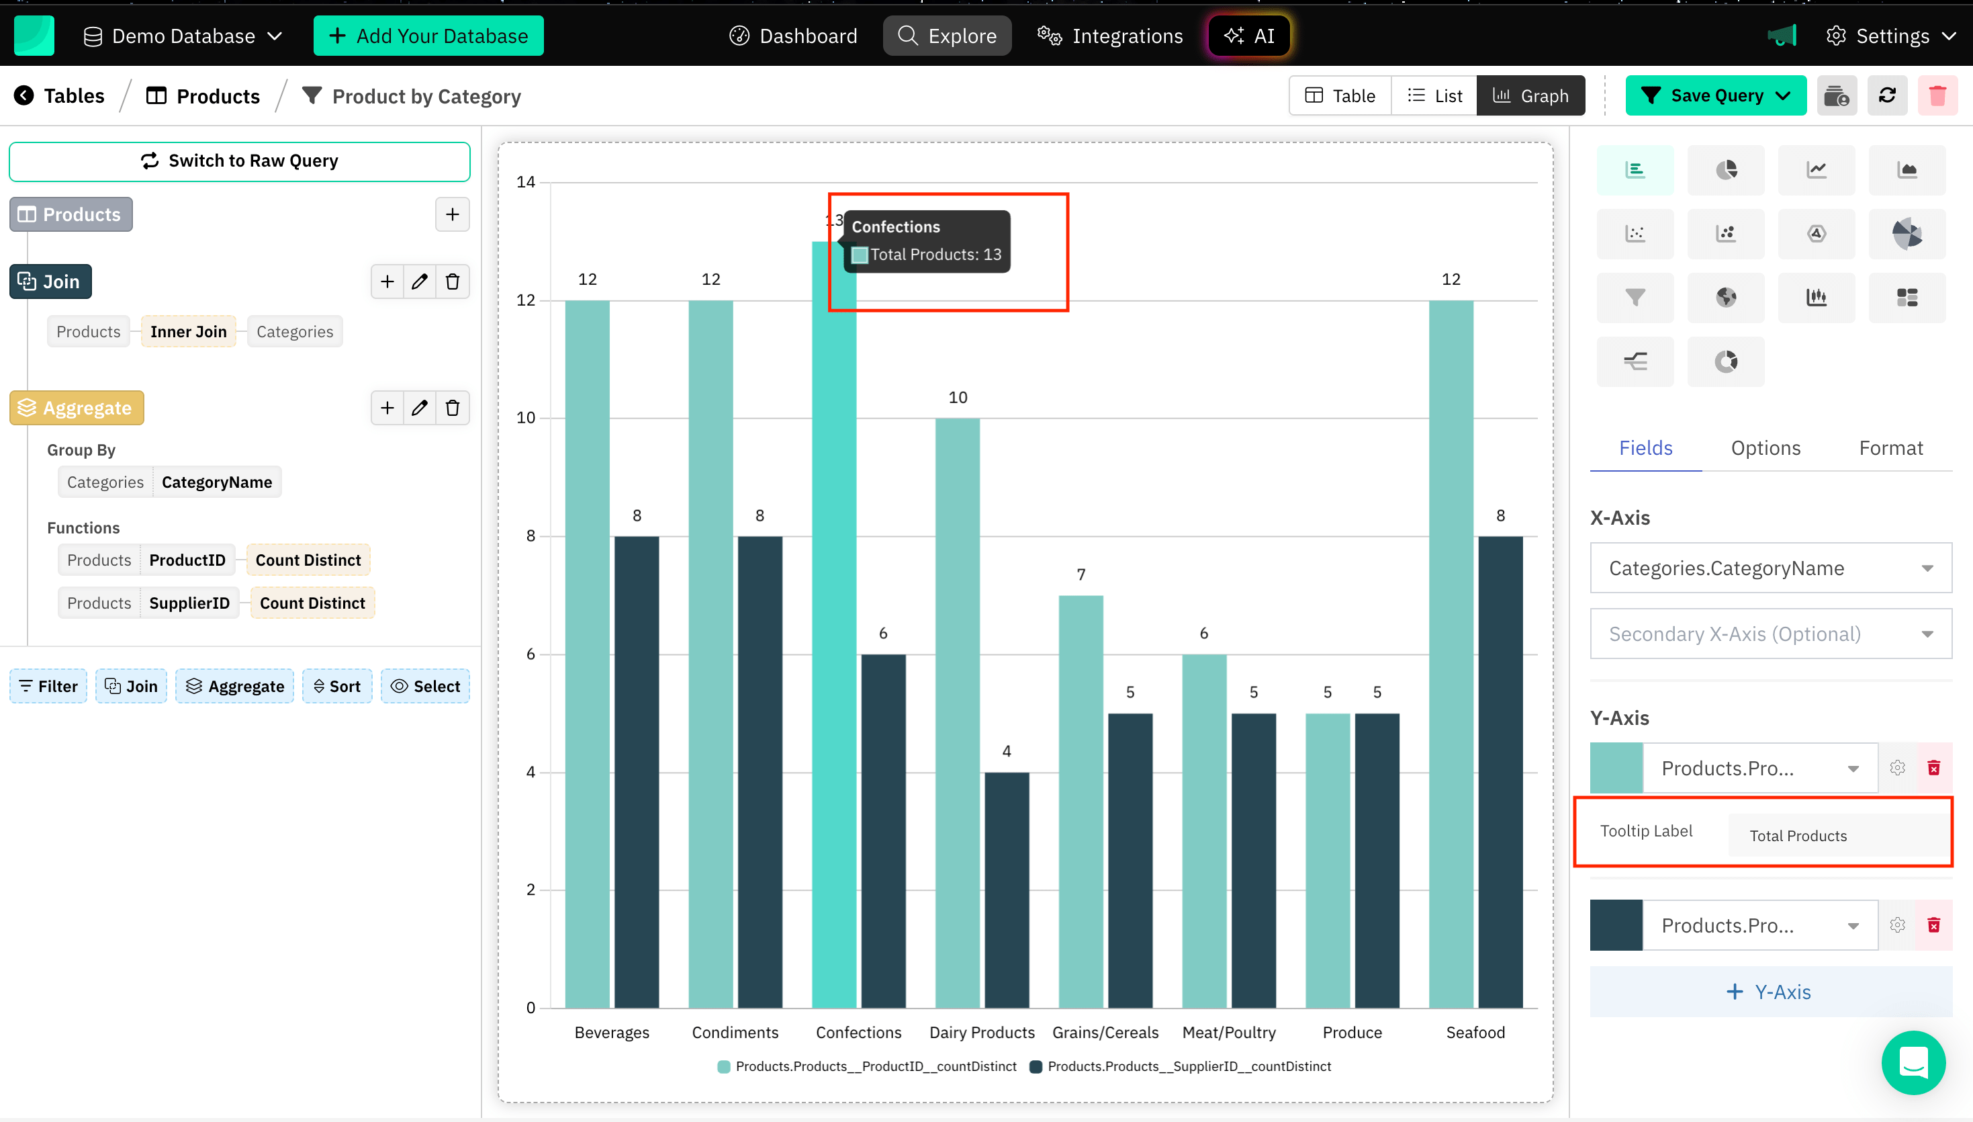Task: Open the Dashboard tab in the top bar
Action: click(793, 36)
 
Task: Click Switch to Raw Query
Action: click(240, 161)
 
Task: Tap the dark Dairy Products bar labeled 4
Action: click(1007, 890)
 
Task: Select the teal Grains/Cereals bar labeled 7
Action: click(1081, 801)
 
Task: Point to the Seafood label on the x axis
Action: click(1475, 1033)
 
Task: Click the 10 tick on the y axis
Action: click(526, 418)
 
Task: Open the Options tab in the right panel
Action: click(1765, 449)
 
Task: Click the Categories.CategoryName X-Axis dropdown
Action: click(1770, 568)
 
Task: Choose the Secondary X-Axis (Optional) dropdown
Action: click(1770, 634)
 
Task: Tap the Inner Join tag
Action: click(189, 332)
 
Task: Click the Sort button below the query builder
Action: click(337, 687)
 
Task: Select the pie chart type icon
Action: click(1726, 170)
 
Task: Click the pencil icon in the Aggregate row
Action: click(420, 408)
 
